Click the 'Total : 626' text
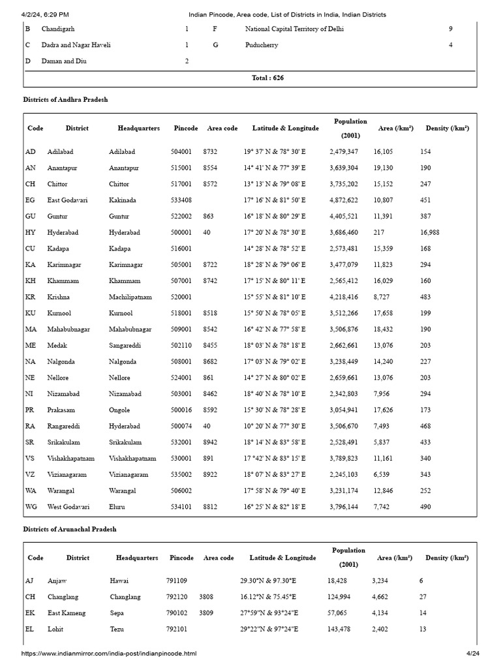pyautogui.click(x=267, y=78)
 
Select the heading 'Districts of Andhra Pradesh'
pyautogui.click(x=65, y=100)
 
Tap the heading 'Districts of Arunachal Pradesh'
pyautogui.click(x=70, y=529)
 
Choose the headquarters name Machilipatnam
pyautogui.click(x=130, y=297)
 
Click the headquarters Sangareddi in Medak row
pyautogui.click(x=126, y=346)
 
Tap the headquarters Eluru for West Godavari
pyautogui.click(x=117, y=507)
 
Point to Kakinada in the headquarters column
pyautogui.click(x=124, y=200)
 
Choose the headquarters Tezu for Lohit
pyautogui.click(x=117, y=630)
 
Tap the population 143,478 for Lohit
pyautogui.click(x=340, y=630)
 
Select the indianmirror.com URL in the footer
pyautogui.click(x=108, y=654)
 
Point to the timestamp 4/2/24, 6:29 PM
pyautogui.click(x=46, y=14)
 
